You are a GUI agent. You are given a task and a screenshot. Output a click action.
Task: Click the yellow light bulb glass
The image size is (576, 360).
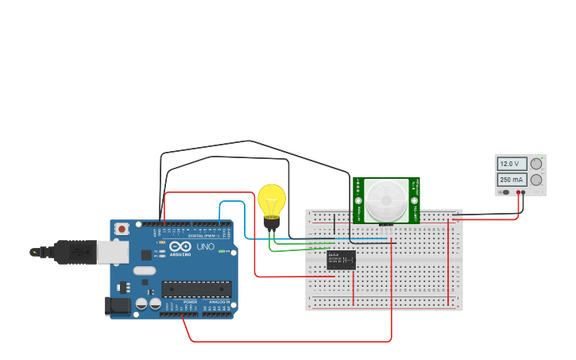(271, 199)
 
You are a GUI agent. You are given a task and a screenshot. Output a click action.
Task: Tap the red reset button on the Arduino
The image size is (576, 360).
(122, 229)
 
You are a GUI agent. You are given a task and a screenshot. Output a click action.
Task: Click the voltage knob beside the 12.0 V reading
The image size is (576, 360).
(536, 164)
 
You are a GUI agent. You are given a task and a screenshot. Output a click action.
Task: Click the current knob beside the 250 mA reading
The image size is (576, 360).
(536, 180)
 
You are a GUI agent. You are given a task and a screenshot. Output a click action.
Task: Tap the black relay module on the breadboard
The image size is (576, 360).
(341, 260)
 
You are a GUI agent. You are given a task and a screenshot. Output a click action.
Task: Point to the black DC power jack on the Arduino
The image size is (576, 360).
(118, 305)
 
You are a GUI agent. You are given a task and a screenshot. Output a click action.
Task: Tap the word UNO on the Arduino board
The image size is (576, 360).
(205, 247)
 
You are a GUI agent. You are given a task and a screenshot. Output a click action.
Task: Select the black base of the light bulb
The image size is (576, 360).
(272, 223)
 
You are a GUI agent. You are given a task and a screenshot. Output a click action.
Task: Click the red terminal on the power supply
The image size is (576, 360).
(517, 192)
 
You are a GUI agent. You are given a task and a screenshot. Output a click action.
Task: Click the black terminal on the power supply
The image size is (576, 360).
(524, 192)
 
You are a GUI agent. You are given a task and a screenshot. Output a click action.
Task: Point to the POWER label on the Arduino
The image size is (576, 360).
(191, 302)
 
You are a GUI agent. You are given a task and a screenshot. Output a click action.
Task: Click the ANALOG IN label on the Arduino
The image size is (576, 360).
(219, 302)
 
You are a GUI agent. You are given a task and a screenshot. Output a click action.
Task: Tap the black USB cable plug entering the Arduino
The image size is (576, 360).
(75, 252)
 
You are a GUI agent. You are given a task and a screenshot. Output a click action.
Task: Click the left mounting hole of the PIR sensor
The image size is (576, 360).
(358, 191)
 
